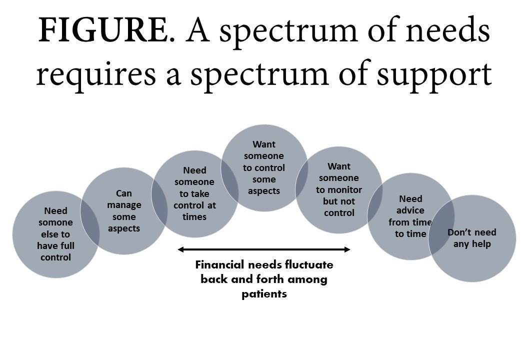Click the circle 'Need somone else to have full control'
55,234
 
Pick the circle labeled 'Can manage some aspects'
123,210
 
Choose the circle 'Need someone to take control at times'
194,194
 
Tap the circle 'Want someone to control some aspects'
264,167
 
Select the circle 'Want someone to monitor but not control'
338,189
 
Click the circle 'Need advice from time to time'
410,216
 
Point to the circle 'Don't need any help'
472,238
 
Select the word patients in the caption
264,294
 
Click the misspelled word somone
55,222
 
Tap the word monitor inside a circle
338,189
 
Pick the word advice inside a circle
410,210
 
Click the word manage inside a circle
124,205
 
